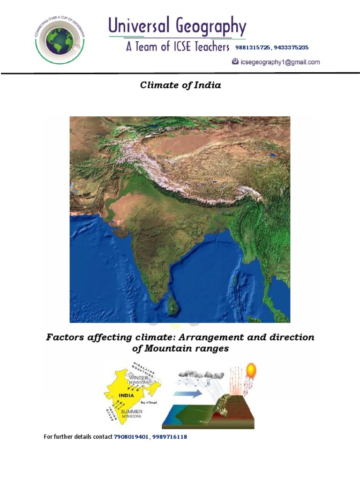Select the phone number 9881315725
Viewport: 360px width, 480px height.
(x=252, y=47)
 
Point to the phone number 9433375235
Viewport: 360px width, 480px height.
(x=291, y=47)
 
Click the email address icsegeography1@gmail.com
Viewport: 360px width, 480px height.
(x=280, y=62)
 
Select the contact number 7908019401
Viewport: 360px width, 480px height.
(x=131, y=437)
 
